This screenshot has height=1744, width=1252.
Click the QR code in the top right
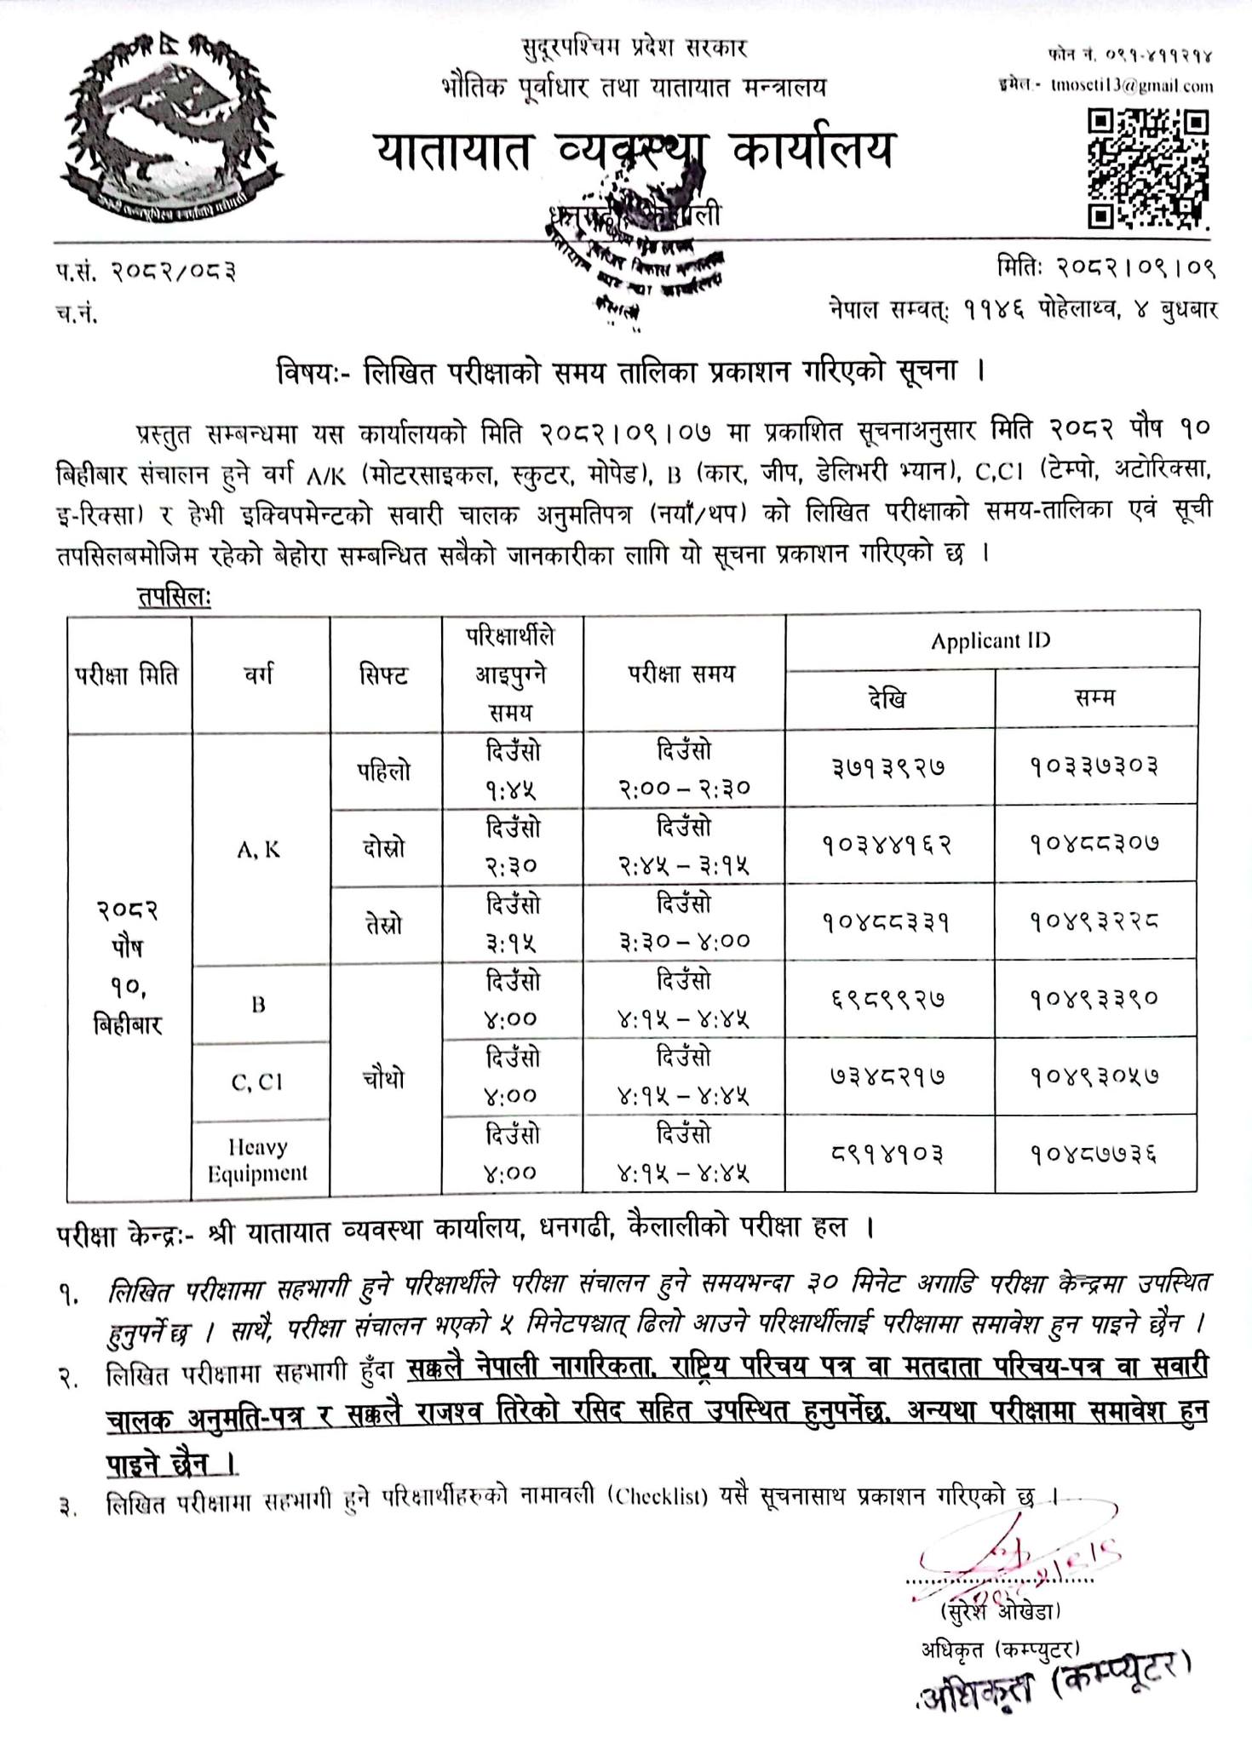tap(1148, 169)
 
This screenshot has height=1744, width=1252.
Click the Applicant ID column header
tap(991, 640)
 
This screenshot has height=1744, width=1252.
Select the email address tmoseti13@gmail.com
tap(1132, 85)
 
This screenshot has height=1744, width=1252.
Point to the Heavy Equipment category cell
tap(258, 1159)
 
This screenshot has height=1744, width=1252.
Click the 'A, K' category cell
tap(260, 849)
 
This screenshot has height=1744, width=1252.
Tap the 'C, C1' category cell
tap(258, 1081)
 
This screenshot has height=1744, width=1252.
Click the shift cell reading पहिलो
tap(384, 772)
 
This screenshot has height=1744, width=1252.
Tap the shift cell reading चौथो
tap(384, 1079)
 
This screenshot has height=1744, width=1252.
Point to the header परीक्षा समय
tap(682, 674)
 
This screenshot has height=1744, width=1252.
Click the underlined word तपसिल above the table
tap(173, 597)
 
